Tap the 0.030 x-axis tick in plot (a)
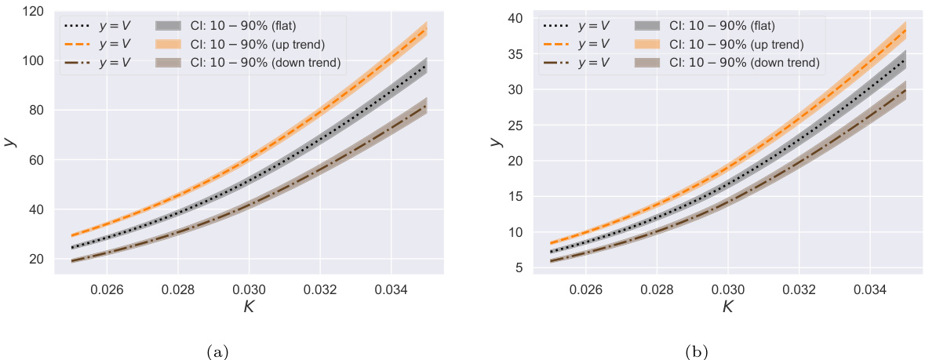pyautogui.click(x=249, y=289)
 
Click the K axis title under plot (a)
pyautogui.click(x=249, y=307)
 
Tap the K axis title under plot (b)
pyautogui.click(x=728, y=307)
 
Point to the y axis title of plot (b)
pyautogui.click(x=496, y=142)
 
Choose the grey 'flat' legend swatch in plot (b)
pyautogui.click(x=648, y=25)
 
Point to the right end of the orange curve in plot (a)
pyautogui.click(x=426, y=31)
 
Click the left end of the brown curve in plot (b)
pyautogui.click(x=551, y=260)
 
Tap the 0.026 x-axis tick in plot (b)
pyautogui.click(x=585, y=289)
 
